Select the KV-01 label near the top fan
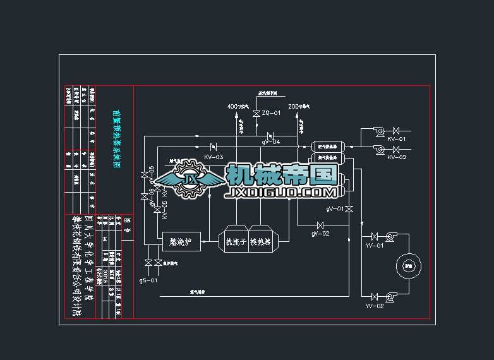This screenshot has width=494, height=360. click(397, 138)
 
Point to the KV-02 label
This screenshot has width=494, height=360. click(397, 157)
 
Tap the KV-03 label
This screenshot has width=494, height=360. click(214, 156)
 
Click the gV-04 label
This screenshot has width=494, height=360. click(271, 142)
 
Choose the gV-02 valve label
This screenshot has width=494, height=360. click(320, 234)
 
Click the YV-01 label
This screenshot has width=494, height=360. click(375, 245)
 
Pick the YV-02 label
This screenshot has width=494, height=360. click(375, 306)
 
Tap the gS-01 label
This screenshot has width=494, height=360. click(148, 279)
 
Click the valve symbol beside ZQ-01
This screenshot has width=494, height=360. click(256, 114)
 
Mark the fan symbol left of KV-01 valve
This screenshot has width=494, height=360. click(379, 131)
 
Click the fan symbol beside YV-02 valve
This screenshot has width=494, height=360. click(389, 296)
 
